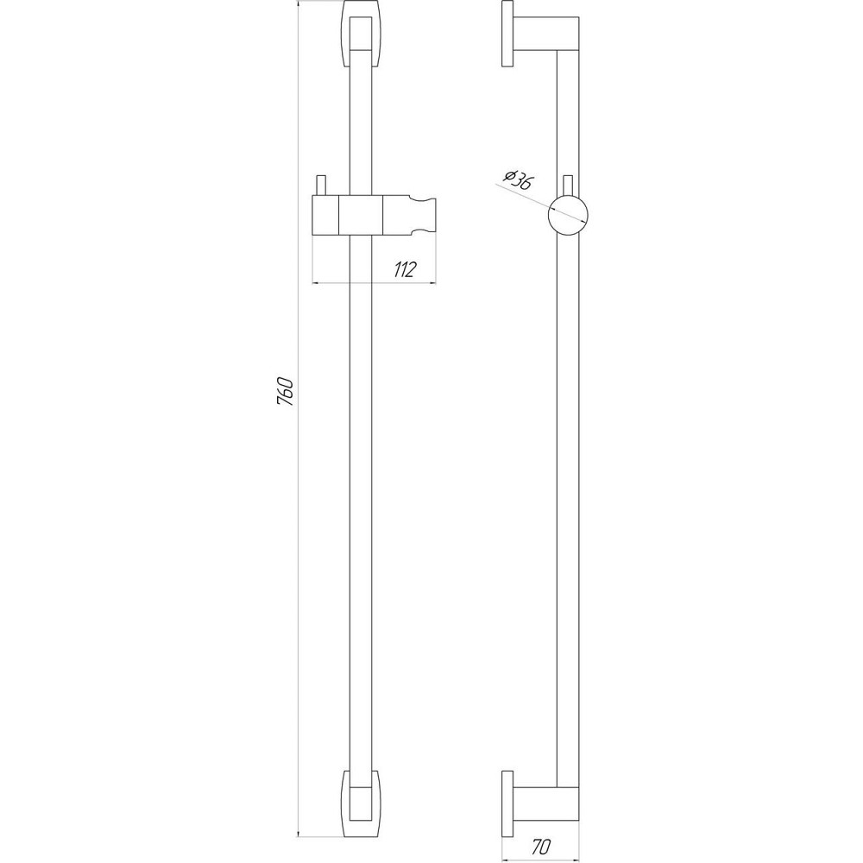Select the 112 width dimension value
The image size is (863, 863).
[402, 270]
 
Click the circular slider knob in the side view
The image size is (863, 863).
[569, 214]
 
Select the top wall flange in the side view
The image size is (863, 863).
[507, 40]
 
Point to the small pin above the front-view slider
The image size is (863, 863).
[321, 186]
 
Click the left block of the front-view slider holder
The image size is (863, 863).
[325, 215]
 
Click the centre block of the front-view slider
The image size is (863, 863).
[361, 215]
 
